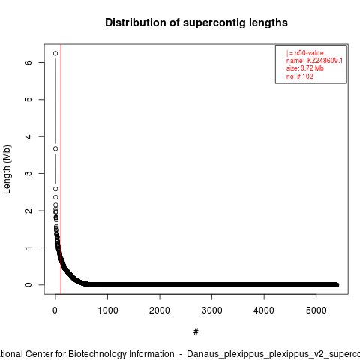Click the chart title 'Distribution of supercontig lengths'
click(196, 22)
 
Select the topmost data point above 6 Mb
click(55, 53)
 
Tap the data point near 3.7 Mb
click(55, 148)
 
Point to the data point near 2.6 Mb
click(55, 189)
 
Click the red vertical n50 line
click(61, 169)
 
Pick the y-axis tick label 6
click(28, 62)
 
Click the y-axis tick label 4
click(28, 136)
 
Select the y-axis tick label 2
click(28, 211)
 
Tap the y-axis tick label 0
click(28, 285)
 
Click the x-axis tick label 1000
click(107, 310)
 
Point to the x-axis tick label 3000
click(211, 310)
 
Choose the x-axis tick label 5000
click(316, 310)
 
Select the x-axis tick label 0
click(55, 310)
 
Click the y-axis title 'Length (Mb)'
click(7, 169)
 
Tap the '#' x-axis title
click(196, 332)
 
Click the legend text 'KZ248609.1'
click(325, 61)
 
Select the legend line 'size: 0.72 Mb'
click(305, 68)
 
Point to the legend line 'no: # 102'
click(300, 76)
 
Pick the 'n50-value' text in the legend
click(309, 53)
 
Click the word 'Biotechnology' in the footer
click(121, 354)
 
